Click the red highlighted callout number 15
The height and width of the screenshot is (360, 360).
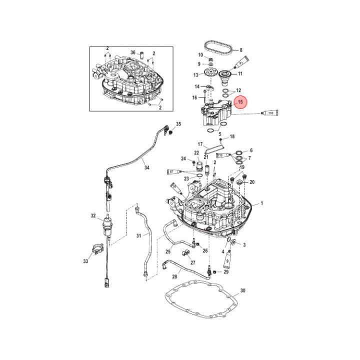[241, 103]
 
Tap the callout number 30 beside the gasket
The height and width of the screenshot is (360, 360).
[243, 290]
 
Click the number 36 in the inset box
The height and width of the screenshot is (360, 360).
[133, 52]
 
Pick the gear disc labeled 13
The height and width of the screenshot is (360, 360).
[213, 74]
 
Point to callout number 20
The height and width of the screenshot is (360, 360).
[252, 182]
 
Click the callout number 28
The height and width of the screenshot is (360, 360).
[175, 276]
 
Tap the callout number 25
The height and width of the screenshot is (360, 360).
[168, 252]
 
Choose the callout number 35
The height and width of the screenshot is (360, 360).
[178, 124]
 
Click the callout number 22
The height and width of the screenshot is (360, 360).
[196, 152]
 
